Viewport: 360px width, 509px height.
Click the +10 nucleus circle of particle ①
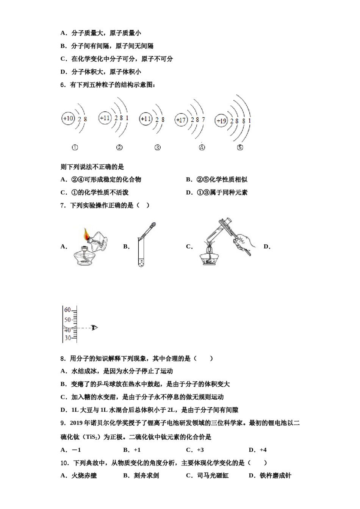coord(68,119)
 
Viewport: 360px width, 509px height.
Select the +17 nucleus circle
coord(181,120)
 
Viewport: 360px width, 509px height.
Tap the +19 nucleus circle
coord(221,121)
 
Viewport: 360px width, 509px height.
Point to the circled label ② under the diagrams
coord(119,147)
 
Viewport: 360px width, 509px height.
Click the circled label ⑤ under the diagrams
coord(240,147)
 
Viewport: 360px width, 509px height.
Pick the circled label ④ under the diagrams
coord(202,147)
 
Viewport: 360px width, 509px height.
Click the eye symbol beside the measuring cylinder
coord(94,327)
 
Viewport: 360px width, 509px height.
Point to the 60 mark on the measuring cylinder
coord(67,310)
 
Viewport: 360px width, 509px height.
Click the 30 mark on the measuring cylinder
coord(67,338)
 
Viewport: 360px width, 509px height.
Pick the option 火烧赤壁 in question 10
coord(84,476)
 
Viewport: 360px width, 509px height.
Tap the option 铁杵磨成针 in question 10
coord(275,476)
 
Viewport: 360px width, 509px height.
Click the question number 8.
coord(63,358)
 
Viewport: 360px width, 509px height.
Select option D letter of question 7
coord(267,247)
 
